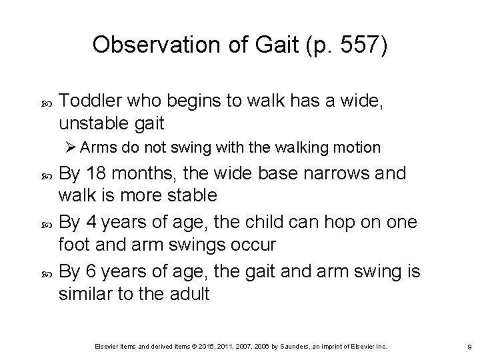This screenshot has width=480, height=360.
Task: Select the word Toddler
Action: (87, 101)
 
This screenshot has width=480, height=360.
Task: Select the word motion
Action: (359, 147)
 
